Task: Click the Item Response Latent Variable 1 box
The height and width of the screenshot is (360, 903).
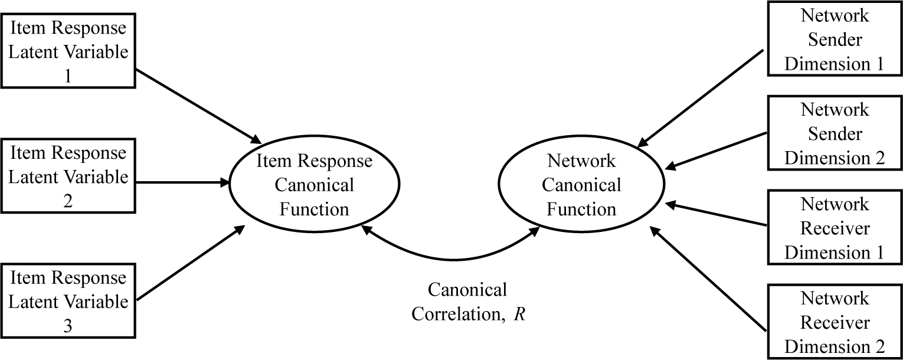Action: click(x=68, y=51)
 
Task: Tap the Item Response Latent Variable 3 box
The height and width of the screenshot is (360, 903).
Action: click(x=68, y=301)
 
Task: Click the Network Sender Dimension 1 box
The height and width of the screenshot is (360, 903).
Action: click(x=834, y=39)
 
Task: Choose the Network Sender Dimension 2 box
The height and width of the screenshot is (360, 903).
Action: click(x=834, y=133)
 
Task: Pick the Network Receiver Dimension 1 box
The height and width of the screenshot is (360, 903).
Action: click(x=834, y=228)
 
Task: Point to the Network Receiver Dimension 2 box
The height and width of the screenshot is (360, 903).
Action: click(x=834, y=322)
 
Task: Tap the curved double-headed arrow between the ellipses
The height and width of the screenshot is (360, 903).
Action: click(x=451, y=258)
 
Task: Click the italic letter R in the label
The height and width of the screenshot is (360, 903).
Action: click(x=519, y=314)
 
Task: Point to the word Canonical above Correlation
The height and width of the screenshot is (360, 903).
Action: click(x=467, y=290)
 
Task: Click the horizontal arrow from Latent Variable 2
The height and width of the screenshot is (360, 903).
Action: click(x=183, y=183)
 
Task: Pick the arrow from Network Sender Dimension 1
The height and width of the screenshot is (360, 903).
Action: click(x=702, y=97)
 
